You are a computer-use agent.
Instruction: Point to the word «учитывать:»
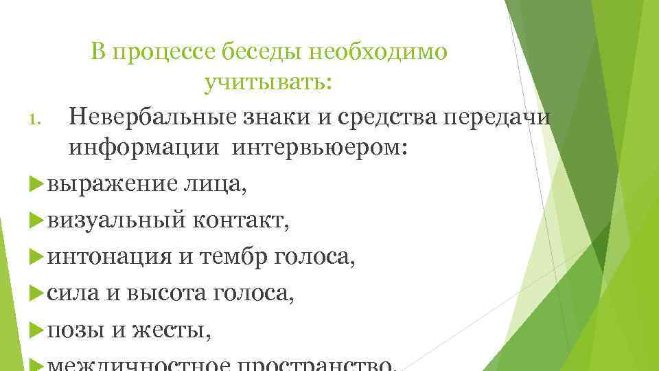point(268,84)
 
